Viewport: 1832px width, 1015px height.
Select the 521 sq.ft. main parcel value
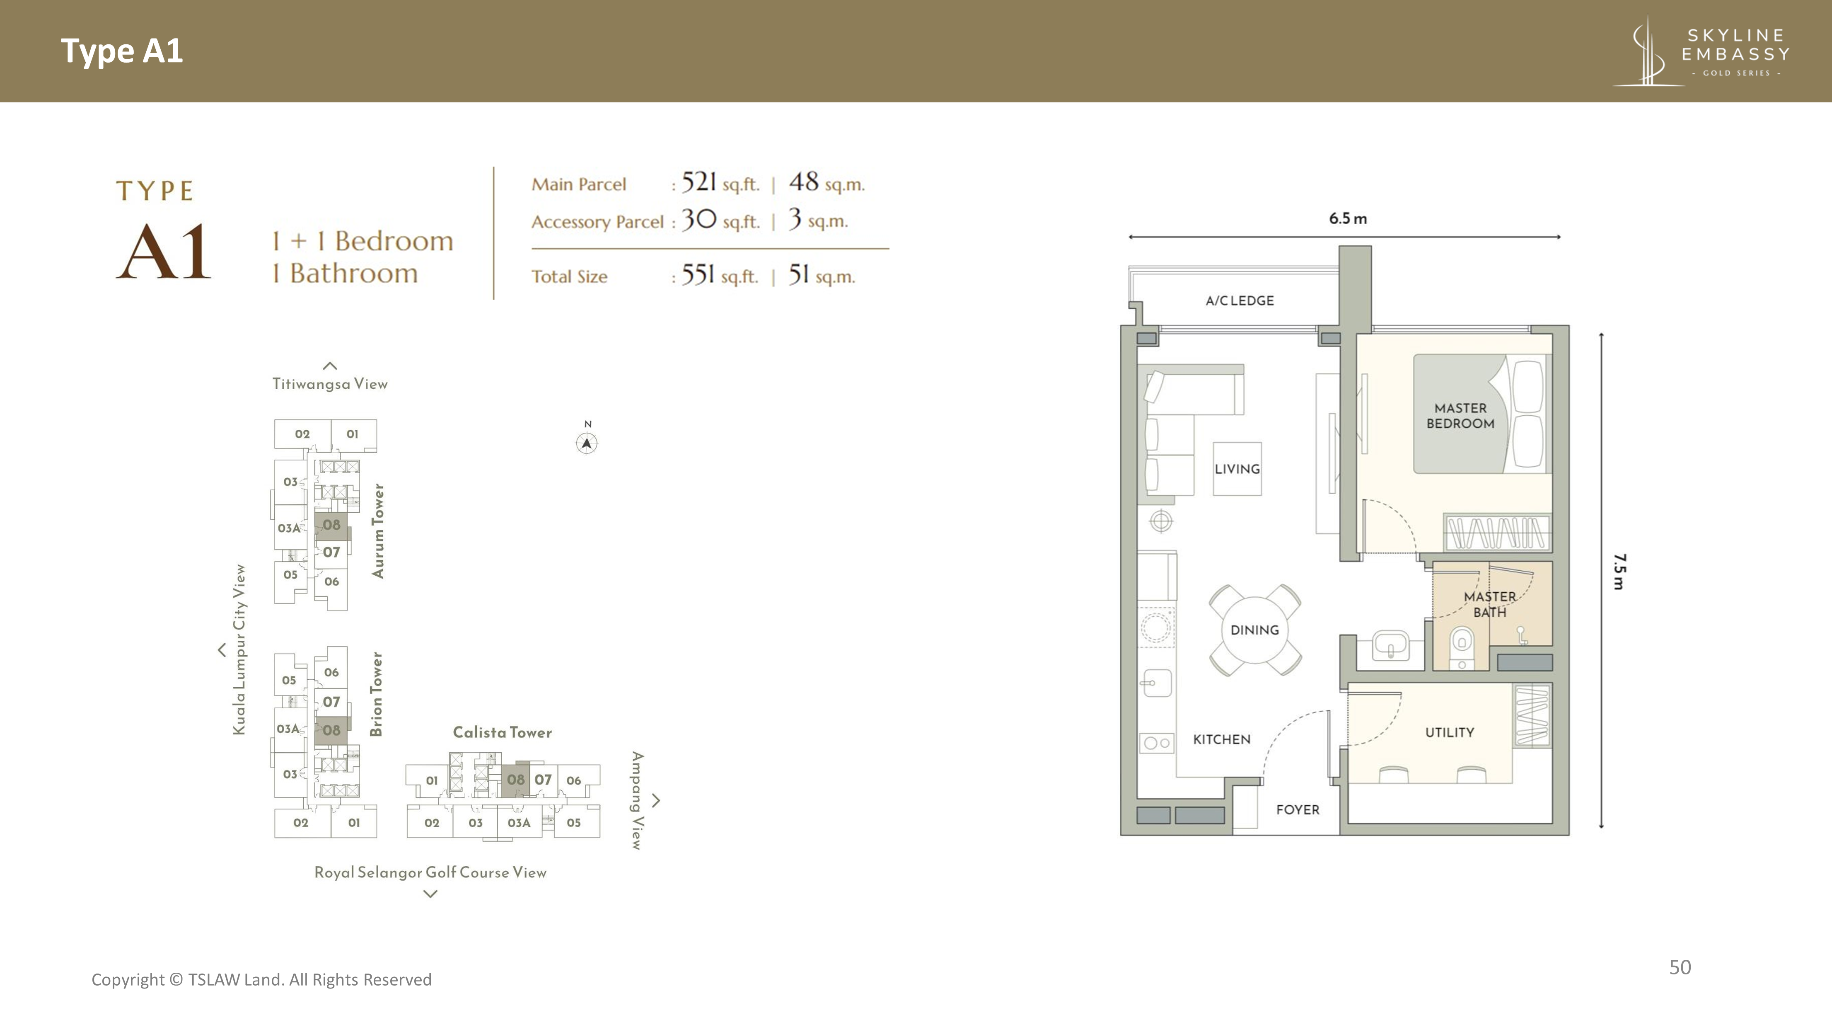pos(720,183)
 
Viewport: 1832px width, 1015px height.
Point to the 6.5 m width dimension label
pos(1348,218)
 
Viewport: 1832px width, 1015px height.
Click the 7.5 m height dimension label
pos(1619,572)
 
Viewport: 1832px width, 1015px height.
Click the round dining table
pos(1255,630)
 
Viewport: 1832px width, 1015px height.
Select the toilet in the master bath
pos(1462,647)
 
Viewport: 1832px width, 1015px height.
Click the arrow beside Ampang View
pos(656,801)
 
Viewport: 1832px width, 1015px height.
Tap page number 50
pos(1680,967)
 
